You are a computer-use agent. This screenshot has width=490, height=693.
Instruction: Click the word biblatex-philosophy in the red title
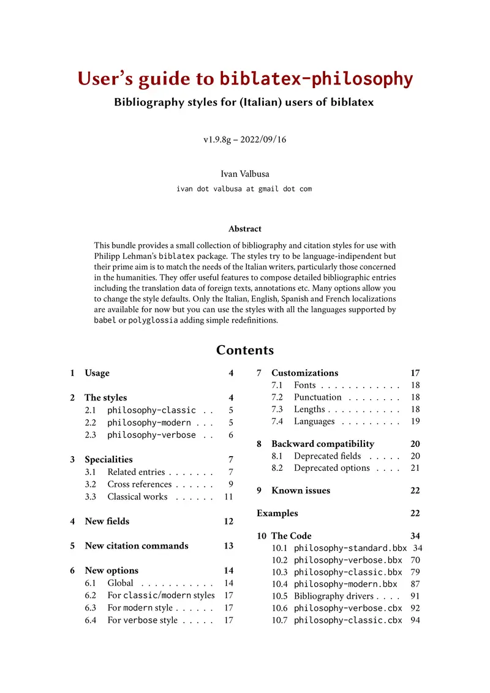click(x=316, y=79)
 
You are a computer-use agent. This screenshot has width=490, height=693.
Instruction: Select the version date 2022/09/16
click(x=263, y=140)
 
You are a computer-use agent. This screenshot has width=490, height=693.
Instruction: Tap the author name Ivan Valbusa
click(x=244, y=174)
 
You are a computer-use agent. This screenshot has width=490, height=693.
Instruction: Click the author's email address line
click(x=244, y=189)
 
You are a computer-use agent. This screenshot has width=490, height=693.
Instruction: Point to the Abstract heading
click(x=244, y=229)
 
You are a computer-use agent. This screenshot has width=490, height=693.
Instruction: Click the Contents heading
click(x=244, y=350)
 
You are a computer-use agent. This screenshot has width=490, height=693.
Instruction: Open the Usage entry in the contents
click(x=97, y=373)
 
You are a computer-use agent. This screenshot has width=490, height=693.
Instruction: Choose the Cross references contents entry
click(x=139, y=484)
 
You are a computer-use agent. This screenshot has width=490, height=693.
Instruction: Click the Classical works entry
click(x=137, y=496)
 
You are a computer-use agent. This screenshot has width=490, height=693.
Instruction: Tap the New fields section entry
click(x=107, y=522)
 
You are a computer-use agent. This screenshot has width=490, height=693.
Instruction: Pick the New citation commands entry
click(x=137, y=546)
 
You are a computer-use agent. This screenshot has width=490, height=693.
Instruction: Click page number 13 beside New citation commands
click(x=228, y=546)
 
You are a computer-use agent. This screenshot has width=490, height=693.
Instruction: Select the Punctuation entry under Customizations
click(x=317, y=397)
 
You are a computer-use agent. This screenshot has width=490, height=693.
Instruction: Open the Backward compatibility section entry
click(x=322, y=444)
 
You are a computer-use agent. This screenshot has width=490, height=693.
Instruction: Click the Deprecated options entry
click(x=331, y=468)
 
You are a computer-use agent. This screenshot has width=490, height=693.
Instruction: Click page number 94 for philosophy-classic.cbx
click(x=414, y=620)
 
